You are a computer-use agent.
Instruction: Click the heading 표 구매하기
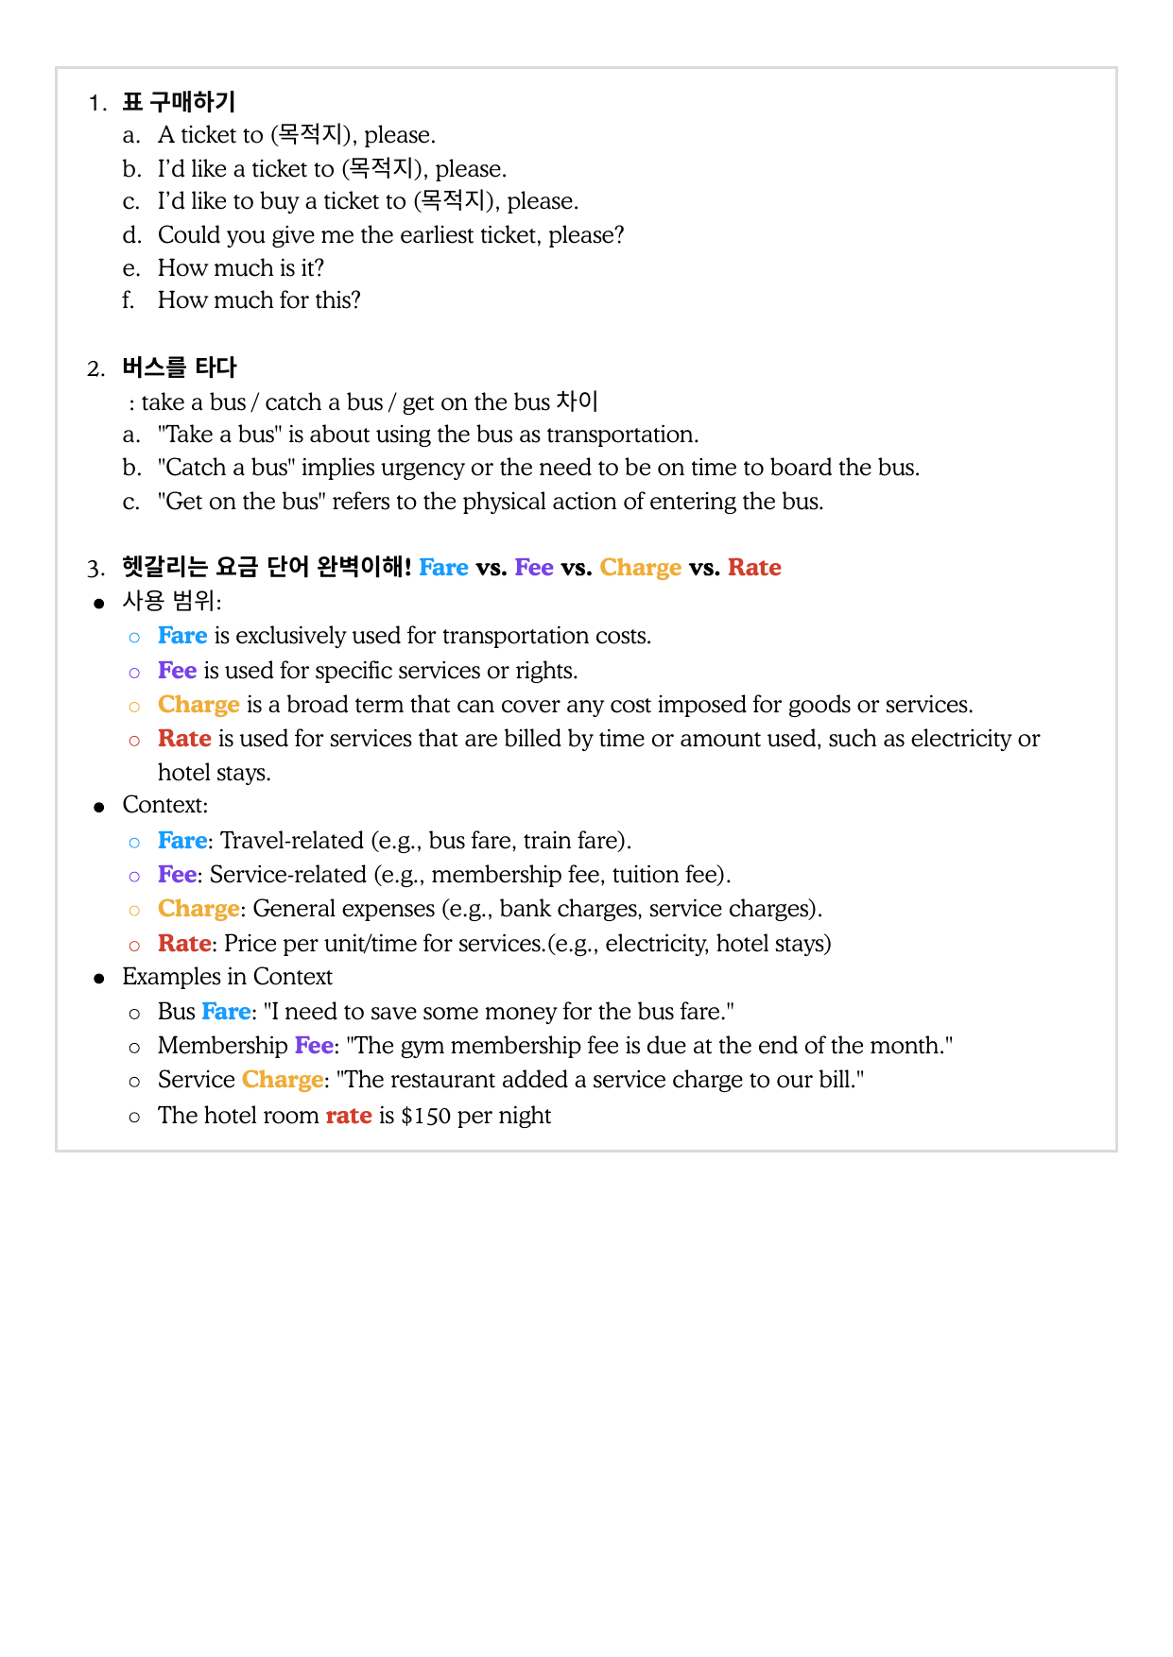179,102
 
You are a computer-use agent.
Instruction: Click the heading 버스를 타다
179,367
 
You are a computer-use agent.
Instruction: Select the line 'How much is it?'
240,268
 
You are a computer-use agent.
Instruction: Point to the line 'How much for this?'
259,300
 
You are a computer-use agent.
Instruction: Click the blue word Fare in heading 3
443,568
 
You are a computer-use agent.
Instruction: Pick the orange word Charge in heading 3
640,568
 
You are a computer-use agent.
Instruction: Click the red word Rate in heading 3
754,568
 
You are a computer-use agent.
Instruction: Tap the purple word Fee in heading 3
534,568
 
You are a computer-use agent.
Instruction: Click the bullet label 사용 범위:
172,602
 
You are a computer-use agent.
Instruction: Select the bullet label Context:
165,805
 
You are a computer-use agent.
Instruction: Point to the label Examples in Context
227,977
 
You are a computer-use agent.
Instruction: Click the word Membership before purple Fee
222,1046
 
